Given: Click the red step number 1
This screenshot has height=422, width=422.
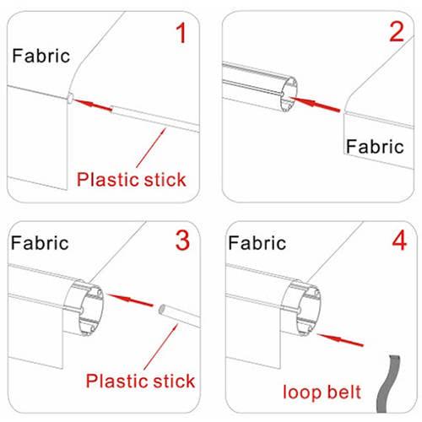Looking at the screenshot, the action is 181,33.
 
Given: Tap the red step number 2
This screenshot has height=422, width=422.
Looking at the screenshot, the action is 397,32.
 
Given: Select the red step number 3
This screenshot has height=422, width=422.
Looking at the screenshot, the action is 182,241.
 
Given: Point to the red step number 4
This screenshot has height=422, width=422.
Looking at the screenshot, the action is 399,241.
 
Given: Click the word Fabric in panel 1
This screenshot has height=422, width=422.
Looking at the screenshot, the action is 41,56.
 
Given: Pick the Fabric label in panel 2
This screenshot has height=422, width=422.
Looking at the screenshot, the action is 375,146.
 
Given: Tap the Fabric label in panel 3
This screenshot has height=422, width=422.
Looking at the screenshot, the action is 40,242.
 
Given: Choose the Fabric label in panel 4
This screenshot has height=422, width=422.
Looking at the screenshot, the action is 257,242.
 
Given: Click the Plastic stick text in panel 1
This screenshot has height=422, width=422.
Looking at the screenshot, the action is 132,179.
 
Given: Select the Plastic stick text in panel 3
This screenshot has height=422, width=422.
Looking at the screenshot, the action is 140,381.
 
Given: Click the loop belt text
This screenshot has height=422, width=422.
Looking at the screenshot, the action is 322,392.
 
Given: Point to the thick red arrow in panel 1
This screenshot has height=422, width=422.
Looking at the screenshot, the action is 93,105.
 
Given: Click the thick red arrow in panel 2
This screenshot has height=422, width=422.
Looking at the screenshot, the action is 315,104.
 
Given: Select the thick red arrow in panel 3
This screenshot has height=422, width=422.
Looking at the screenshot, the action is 131,300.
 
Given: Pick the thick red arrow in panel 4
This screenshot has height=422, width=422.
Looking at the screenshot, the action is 340,339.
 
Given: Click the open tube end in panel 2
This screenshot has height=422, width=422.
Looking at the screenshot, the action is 289,95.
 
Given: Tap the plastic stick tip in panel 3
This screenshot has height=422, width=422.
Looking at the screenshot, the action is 162,310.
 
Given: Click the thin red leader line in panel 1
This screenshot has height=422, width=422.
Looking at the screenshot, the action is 151,148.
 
